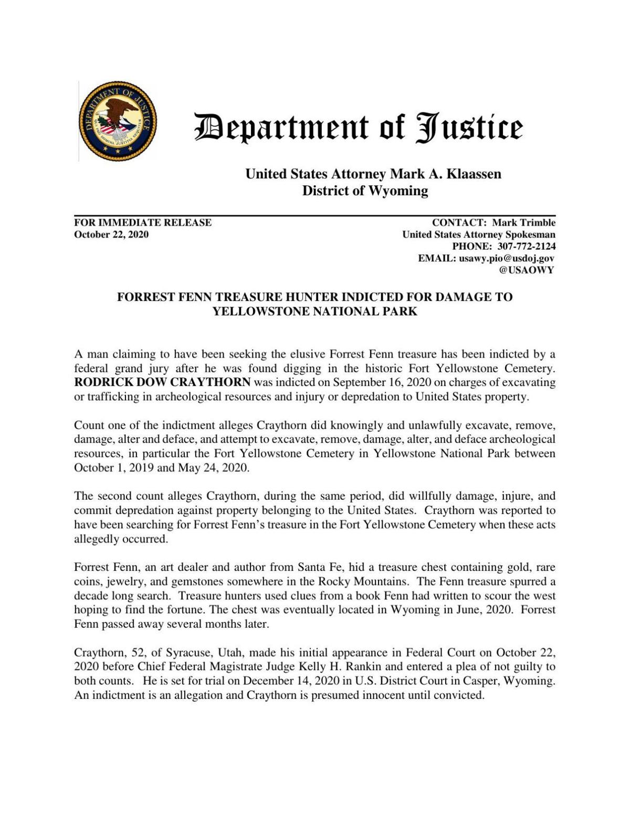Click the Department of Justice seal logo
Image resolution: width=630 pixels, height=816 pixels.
[x=118, y=121]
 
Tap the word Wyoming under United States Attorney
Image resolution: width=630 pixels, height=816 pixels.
[x=397, y=191]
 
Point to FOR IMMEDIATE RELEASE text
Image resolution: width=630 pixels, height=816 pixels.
[x=143, y=223]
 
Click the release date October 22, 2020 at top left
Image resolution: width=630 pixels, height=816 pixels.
[x=111, y=235]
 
